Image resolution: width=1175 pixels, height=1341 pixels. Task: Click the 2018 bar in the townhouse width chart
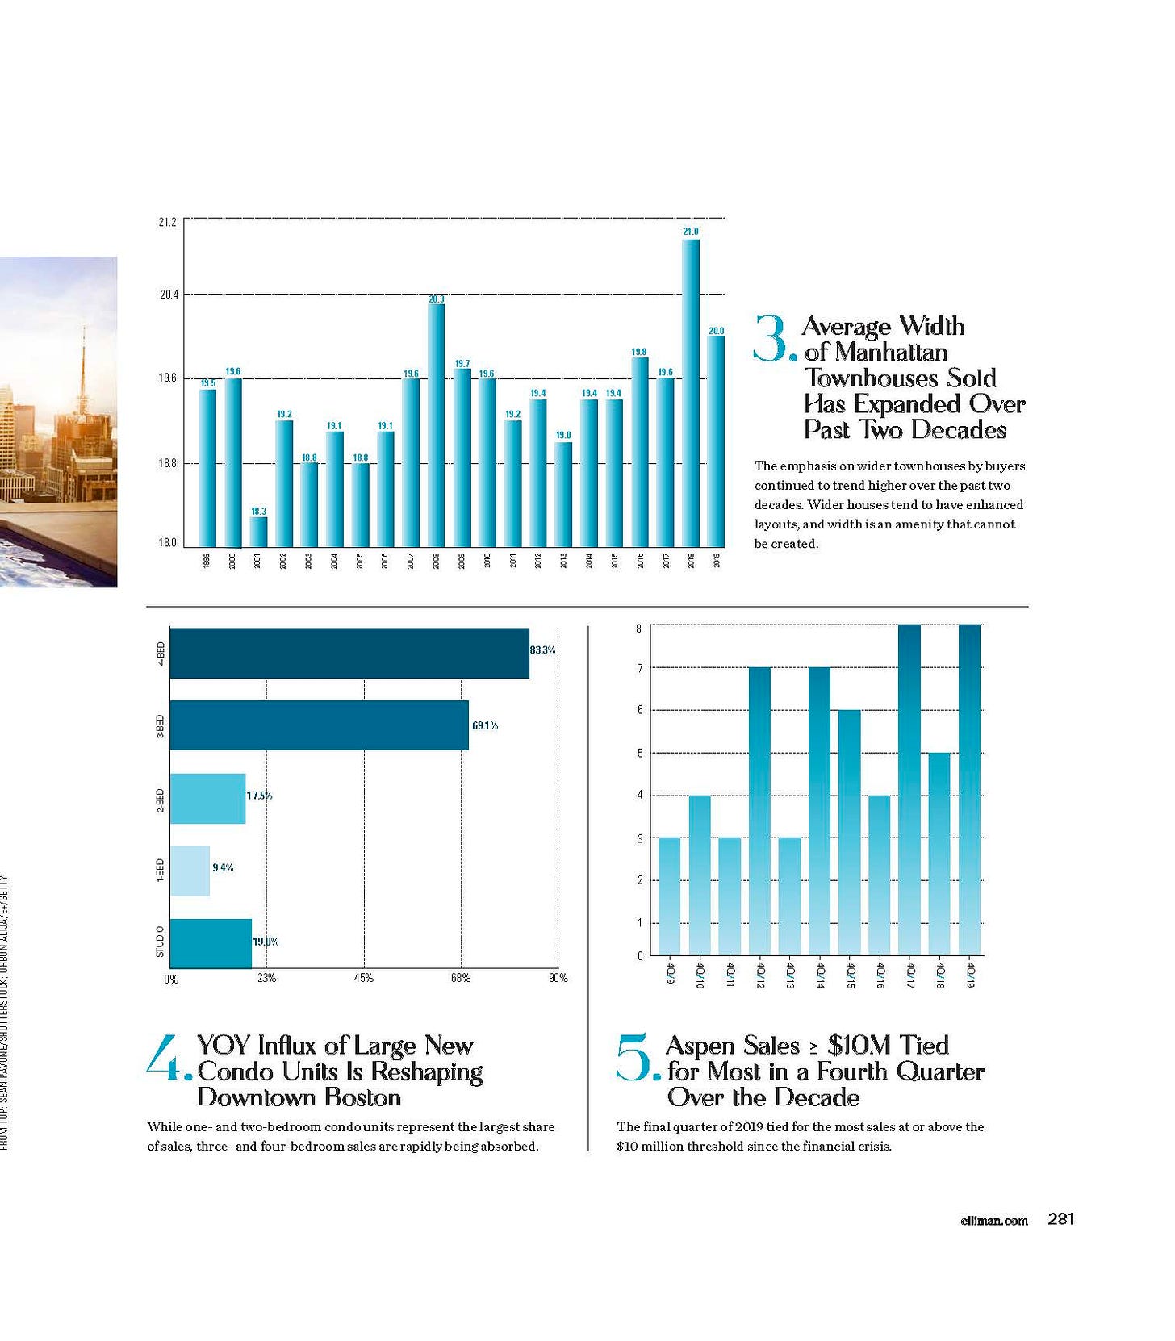[691, 393]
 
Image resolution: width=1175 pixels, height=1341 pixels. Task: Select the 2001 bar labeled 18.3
[258, 532]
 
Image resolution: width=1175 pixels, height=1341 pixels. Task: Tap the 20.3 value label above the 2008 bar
[437, 299]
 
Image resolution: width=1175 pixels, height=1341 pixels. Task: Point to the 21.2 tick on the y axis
[168, 222]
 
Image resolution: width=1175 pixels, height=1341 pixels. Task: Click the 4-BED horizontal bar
[349, 653]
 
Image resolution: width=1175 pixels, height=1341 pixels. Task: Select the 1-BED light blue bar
[190, 871]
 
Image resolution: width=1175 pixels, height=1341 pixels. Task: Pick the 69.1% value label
[485, 725]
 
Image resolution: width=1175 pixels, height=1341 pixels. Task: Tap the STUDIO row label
[160, 942]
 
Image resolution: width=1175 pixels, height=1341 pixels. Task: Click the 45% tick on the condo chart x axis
[364, 978]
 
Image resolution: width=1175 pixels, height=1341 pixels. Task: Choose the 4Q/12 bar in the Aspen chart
[759, 811]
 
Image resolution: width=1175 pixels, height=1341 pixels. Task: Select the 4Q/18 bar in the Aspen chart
[939, 854]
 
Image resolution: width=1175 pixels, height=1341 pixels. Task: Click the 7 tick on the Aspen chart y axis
[640, 668]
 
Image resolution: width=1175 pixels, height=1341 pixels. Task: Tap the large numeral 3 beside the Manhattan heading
[772, 339]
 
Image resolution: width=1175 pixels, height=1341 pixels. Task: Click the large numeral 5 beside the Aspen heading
[635, 1057]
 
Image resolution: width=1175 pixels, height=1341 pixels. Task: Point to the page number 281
[1060, 1218]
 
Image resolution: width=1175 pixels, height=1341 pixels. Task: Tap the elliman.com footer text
[994, 1220]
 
